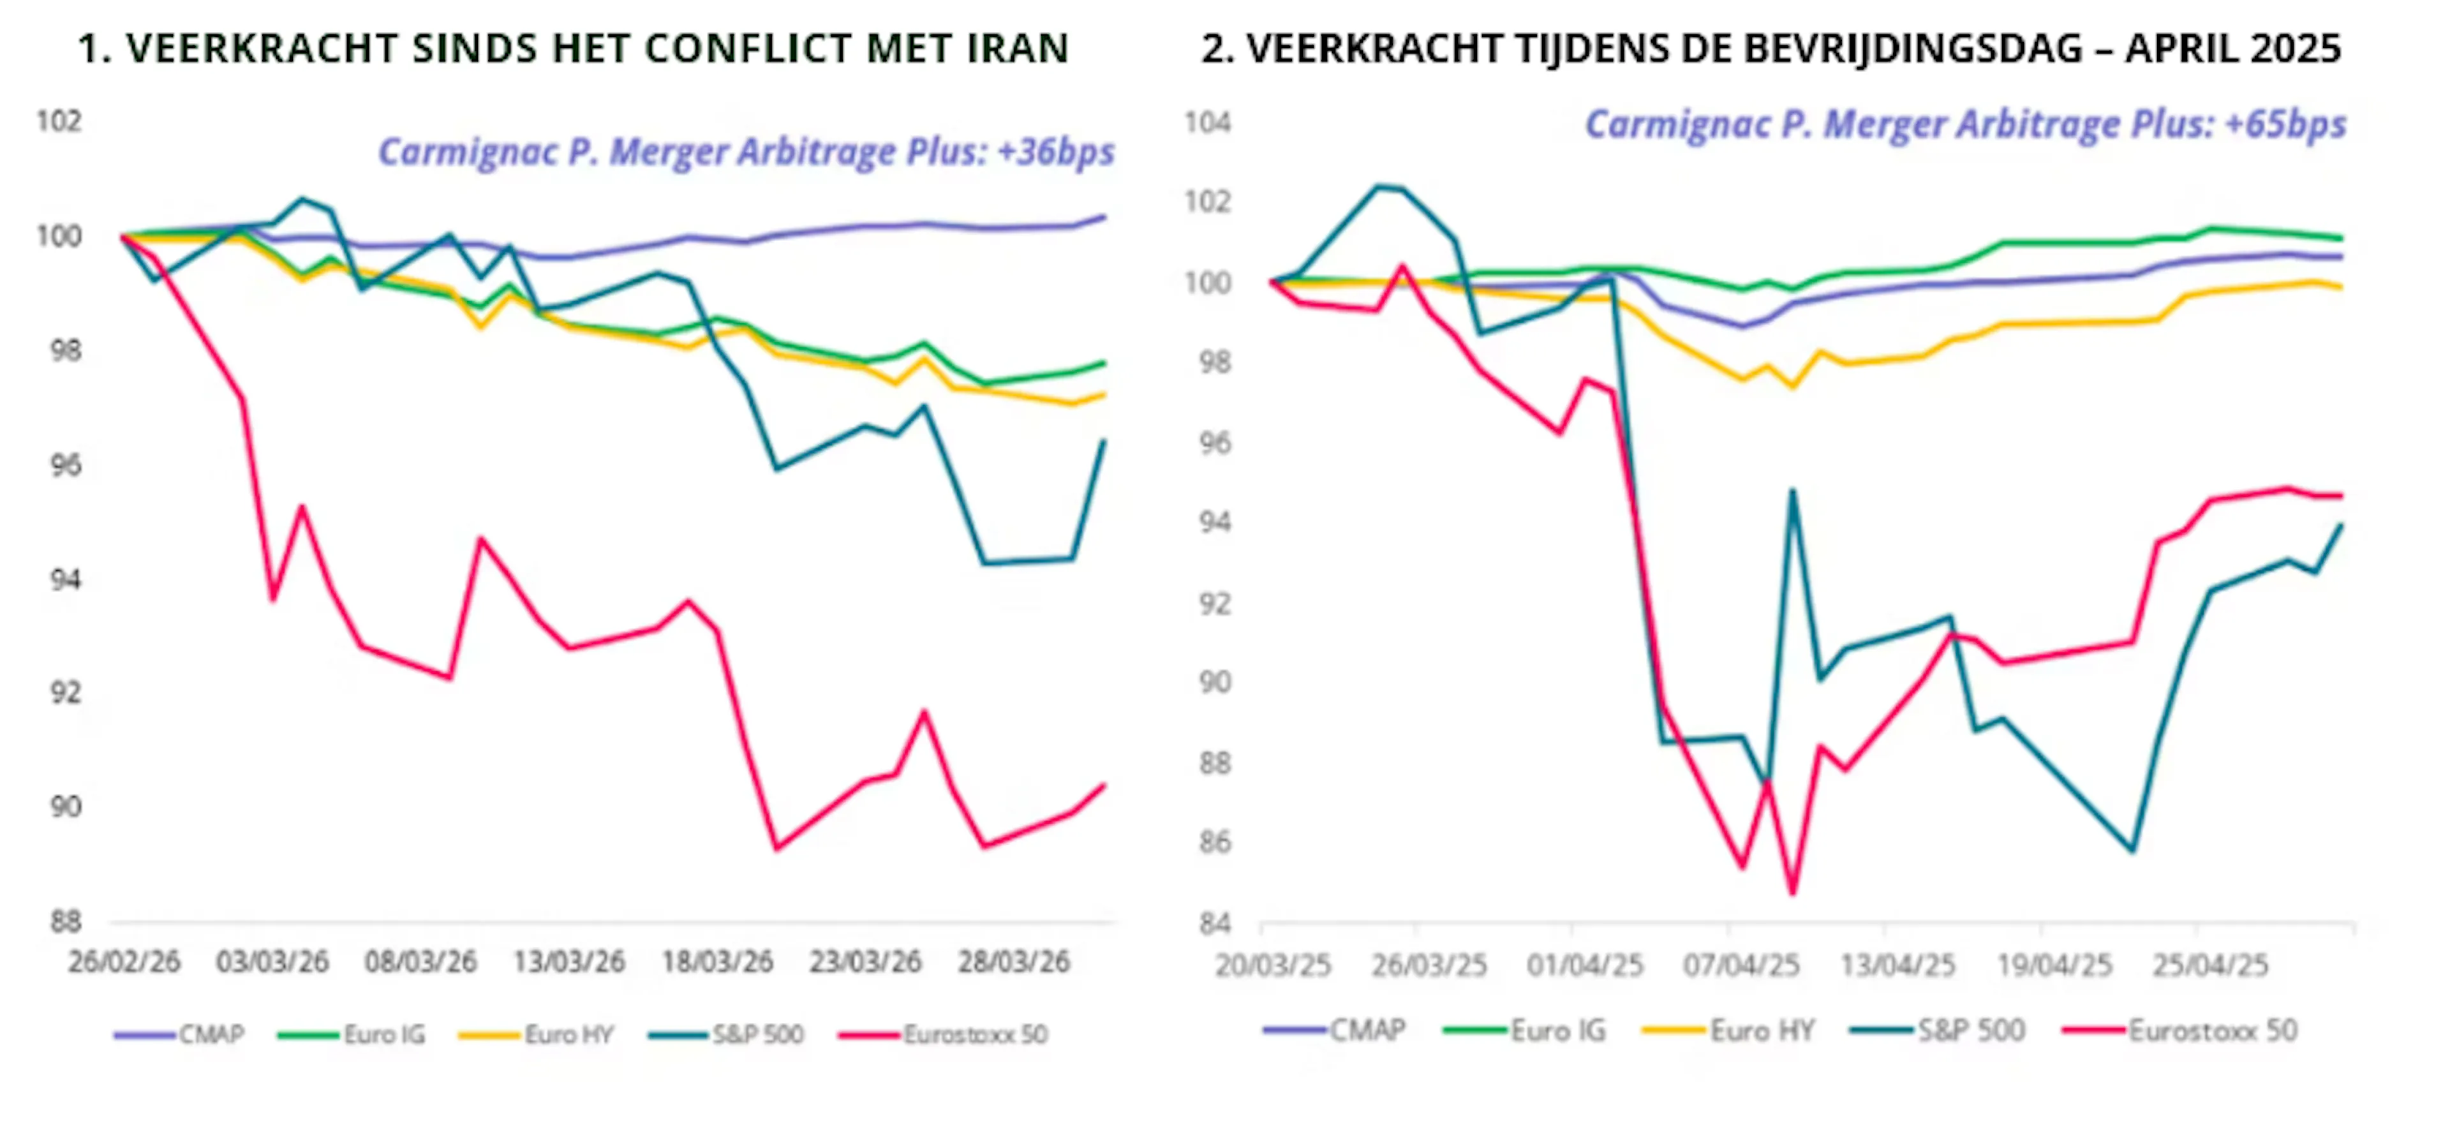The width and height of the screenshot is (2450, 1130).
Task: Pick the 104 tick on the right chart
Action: point(1207,123)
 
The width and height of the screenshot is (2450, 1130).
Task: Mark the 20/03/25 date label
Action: point(1273,965)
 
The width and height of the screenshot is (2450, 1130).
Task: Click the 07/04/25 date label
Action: point(1741,965)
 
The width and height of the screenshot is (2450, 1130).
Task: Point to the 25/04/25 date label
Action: point(2210,965)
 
